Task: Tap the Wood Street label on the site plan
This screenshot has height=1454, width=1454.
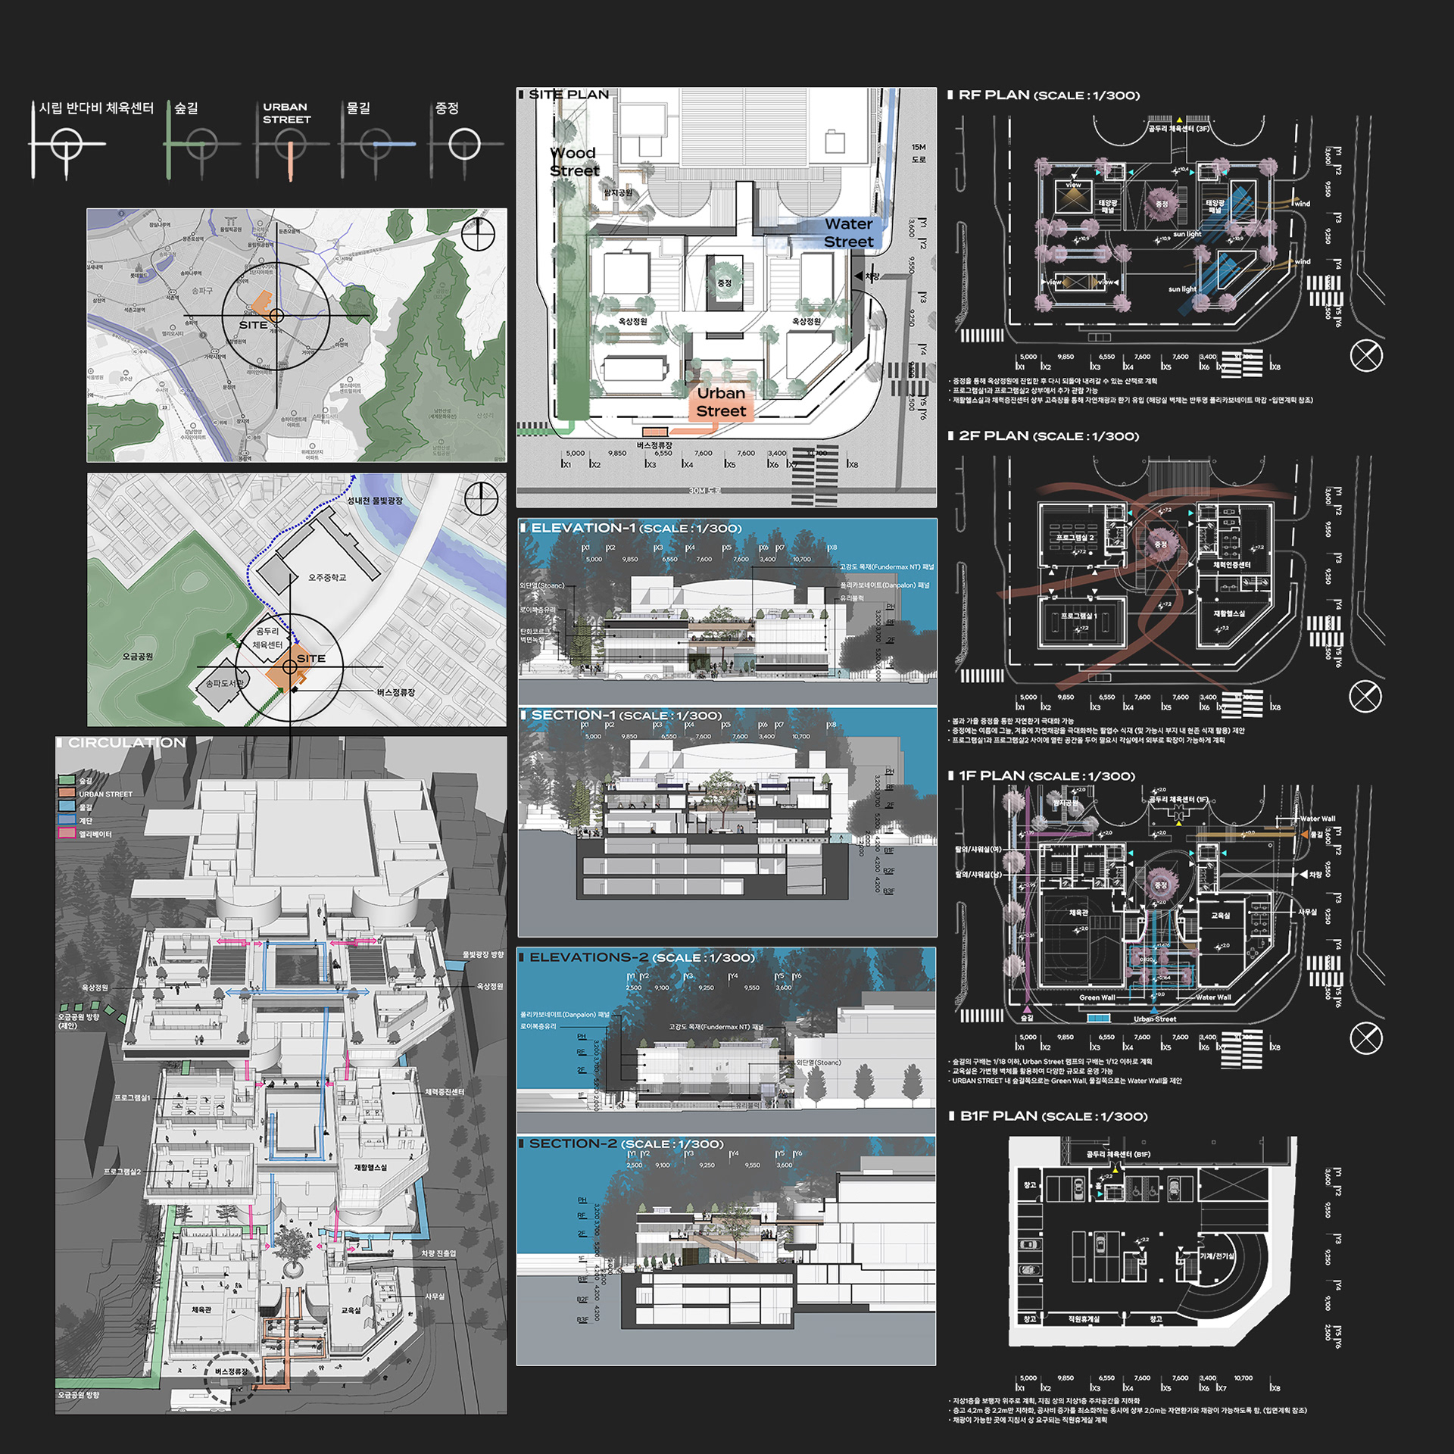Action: (x=574, y=162)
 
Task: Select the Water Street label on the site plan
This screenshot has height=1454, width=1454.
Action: (x=848, y=232)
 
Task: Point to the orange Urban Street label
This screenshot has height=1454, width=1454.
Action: (x=721, y=402)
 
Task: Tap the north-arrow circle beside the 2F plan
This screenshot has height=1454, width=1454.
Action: (x=1365, y=697)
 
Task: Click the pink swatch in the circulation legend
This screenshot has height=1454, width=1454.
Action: (x=67, y=833)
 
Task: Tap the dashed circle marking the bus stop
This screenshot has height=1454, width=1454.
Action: (x=232, y=1378)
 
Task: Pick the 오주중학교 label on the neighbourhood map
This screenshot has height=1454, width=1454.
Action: (x=326, y=578)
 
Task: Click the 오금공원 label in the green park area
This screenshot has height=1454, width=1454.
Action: (x=137, y=657)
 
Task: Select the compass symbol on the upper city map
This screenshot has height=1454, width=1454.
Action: (x=478, y=235)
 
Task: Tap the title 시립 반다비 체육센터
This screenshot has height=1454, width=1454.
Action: (x=96, y=108)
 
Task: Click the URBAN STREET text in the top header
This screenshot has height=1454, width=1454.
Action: (x=286, y=113)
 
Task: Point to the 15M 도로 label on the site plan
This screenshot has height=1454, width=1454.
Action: (x=918, y=153)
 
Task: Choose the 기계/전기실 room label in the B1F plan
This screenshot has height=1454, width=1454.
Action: (x=1216, y=1256)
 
